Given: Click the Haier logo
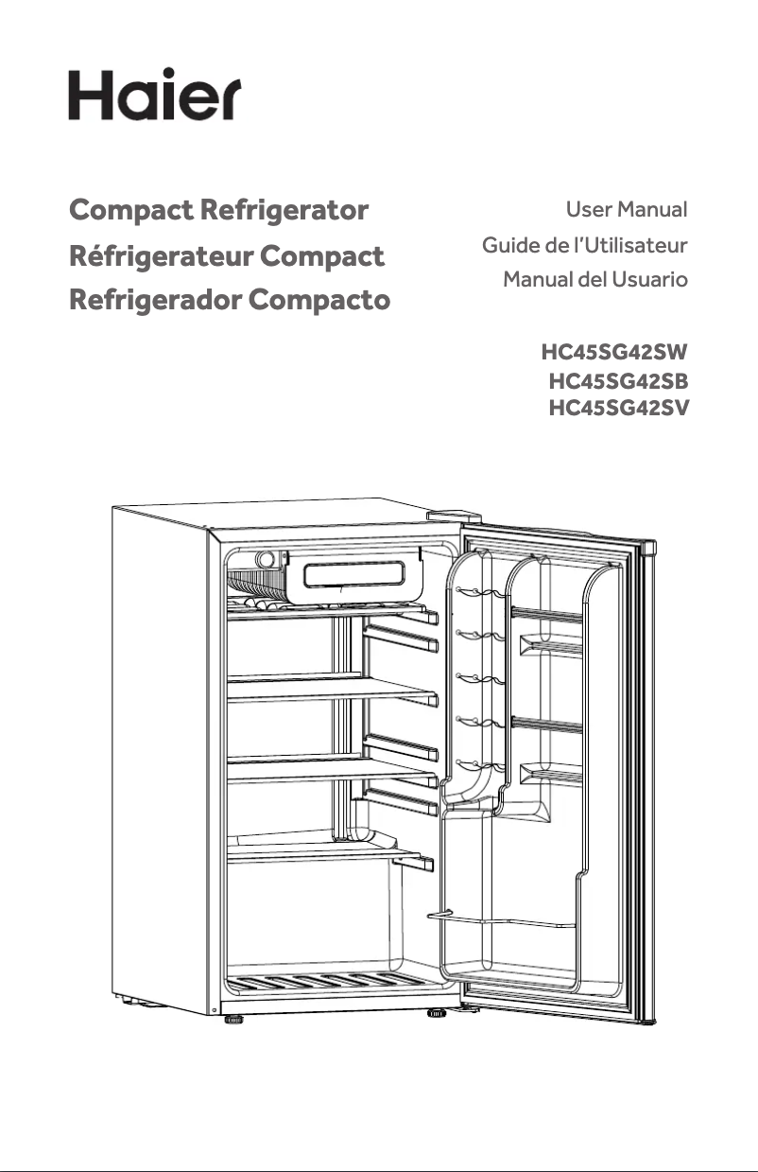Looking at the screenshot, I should tap(154, 94).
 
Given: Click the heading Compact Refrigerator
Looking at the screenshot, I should tap(218, 210).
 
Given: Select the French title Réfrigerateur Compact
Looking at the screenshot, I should tap(227, 255).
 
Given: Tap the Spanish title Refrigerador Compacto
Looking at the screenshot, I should tap(230, 301).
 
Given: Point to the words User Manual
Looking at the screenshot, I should tap(626, 209).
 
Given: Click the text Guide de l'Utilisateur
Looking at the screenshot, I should tap(584, 246).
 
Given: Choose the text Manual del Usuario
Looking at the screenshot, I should tap(594, 281).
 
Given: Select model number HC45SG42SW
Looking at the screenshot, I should tap(613, 354).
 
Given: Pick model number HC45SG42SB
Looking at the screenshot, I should tap(617, 383).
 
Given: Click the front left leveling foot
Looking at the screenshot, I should tap(233, 1020).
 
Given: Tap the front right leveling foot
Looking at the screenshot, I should tap(436, 1014).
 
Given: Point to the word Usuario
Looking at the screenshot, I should tap(647, 281).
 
